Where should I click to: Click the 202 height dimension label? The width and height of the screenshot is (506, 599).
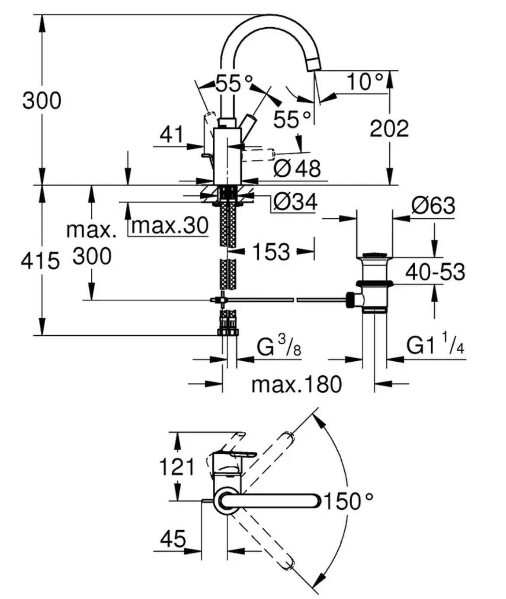click(x=389, y=129)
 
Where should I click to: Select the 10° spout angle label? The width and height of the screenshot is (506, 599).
click(x=365, y=81)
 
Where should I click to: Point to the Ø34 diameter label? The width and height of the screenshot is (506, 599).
click(x=295, y=202)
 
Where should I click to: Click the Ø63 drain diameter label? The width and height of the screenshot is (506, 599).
click(x=433, y=205)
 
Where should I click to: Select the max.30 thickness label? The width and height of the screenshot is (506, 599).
click(x=170, y=226)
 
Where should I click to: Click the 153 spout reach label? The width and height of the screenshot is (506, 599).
click(x=271, y=252)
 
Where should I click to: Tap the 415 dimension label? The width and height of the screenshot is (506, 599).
click(x=40, y=261)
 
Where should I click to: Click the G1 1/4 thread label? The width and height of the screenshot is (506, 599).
click(x=435, y=345)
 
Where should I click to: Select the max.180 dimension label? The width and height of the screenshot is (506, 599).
click(x=296, y=384)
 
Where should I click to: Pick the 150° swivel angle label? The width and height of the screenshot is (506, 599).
click(x=348, y=502)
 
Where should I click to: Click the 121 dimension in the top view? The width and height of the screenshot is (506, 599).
click(x=177, y=467)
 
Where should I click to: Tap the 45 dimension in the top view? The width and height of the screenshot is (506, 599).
click(x=173, y=539)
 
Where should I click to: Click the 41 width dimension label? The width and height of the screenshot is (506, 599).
click(x=172, y=135)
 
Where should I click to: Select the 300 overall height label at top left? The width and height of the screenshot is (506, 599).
click(x=42, y=100)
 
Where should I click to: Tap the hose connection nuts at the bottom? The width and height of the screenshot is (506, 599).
click(x=228, y=329)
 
